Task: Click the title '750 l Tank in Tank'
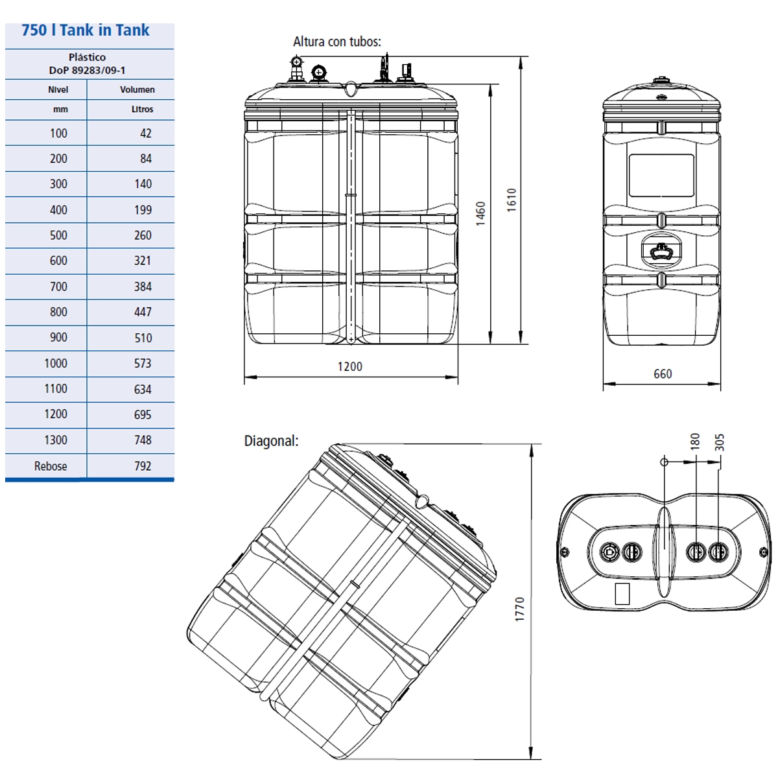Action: pos(86,30)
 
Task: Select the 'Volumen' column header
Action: pos(137,89)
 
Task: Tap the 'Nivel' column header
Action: pos(58,89)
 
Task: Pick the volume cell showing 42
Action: pos(145,133)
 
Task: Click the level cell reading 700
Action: pos(58,286)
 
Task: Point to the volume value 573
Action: pos(143,363)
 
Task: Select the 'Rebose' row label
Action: pos(51,466)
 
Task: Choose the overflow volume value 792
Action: pos(143,466)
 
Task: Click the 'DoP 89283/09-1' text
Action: pos(87,70)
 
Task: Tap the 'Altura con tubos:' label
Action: pos(336,41)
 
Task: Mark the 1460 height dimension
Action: pos(480,213)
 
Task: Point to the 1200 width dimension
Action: pos(349,366)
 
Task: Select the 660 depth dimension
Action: pos(662,374)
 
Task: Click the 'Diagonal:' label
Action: pos(271,441)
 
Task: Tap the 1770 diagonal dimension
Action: pos(519,609)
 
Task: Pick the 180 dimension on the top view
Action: pos(695,442)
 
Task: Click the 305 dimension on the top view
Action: pos(719,442)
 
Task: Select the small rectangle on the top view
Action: pos(622,593)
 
